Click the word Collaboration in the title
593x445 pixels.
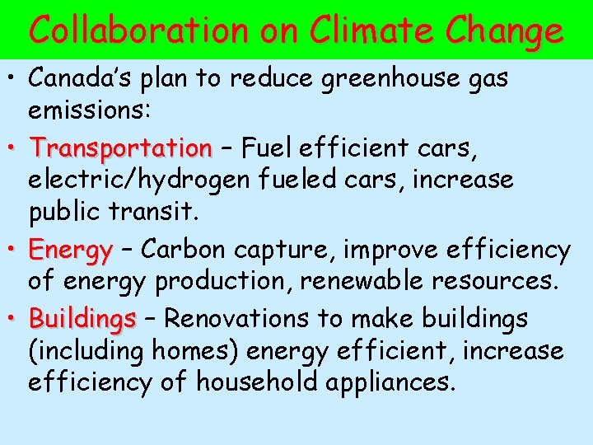pos(138,30)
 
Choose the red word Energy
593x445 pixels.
pos(70,250)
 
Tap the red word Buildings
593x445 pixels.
pos(82,318)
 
